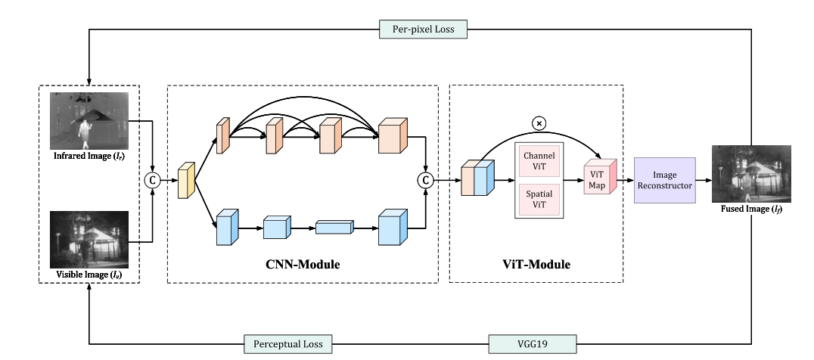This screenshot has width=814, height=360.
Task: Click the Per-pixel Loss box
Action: tap(423, 29)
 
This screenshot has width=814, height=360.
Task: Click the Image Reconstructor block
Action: tap(664, 181)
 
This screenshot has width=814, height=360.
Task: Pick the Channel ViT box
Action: tap(539, 160)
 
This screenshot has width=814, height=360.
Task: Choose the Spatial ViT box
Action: tap(539, 200)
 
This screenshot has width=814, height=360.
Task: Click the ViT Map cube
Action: tap(600, 180)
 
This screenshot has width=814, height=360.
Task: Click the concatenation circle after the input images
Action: tap(154, 181)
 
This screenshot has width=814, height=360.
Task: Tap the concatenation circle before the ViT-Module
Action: tap(425, 180)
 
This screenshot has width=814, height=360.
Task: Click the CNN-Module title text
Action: tap(303, 265)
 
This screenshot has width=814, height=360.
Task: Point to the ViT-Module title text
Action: tap(537, 265)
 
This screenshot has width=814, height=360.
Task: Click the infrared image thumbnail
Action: tap(89, 121)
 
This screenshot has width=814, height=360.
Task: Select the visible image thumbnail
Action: tap(89, 240)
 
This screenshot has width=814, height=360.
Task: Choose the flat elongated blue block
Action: tap(334, 226)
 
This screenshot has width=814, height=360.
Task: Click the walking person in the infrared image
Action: tap(85, 135)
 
